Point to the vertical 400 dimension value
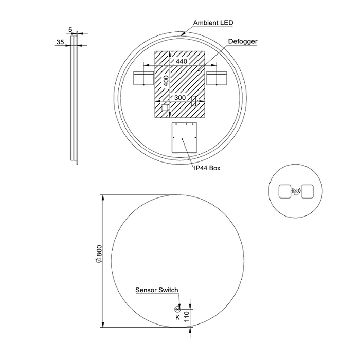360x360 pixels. (166, 81)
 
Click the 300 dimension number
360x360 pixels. (179, 97)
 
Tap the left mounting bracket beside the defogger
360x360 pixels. (143, 79)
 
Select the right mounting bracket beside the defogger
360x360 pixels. (216, 79)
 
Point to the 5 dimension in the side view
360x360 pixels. (70, 30)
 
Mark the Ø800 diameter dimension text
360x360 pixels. (99, 254)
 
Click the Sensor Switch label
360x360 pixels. (157, 290)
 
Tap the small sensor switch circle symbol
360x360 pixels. (178, 309)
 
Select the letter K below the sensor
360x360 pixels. (177, 317)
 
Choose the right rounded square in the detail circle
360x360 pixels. (308, 192)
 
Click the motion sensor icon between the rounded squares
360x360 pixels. (296, 191)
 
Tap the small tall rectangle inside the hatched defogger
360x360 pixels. (194, 101)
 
